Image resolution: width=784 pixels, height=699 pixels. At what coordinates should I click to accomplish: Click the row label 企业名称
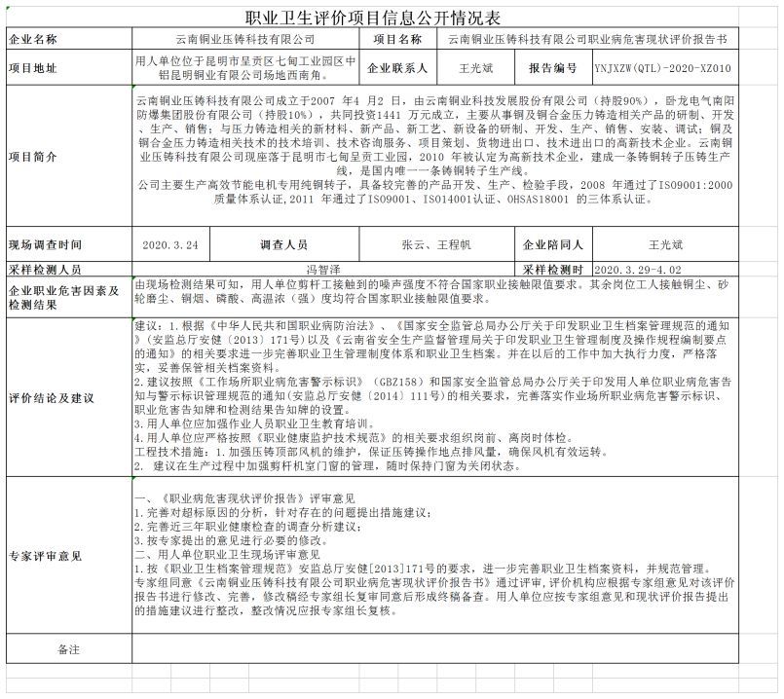(x=33, y=40)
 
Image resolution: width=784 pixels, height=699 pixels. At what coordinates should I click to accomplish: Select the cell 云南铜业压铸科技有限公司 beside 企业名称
(x=244, y=40)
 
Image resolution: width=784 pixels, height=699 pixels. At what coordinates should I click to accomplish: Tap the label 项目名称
(x=397, y=40)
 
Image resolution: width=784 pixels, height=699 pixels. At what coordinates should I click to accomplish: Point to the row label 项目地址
(x=33, y=68)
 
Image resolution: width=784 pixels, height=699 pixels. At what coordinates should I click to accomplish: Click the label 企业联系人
(x=397, y=68)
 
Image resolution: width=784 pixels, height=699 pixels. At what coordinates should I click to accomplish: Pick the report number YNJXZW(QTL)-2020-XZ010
(x=674, y=68)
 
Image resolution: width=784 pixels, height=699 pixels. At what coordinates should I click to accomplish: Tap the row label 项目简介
(x=33, y=156)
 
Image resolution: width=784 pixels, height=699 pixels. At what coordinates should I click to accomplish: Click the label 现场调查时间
(x=46, y=244)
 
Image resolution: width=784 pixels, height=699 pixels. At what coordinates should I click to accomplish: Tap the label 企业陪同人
(x=553, y=244)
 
